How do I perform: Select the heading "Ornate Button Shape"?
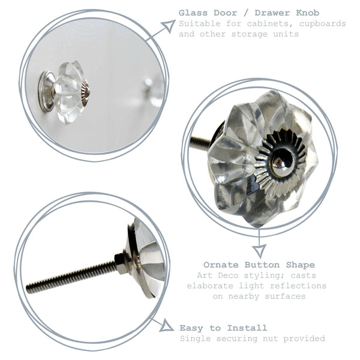(x=259, y=265)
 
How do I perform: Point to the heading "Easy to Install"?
(x=223, y=328)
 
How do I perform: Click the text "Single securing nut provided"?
(x=252, y=338)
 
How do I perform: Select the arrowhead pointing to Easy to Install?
(x=166, y=327)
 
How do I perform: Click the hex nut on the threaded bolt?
(x=121, y=262)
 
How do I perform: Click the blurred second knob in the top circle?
(x=154, y=90)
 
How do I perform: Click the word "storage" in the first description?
(x=256, y=34)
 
